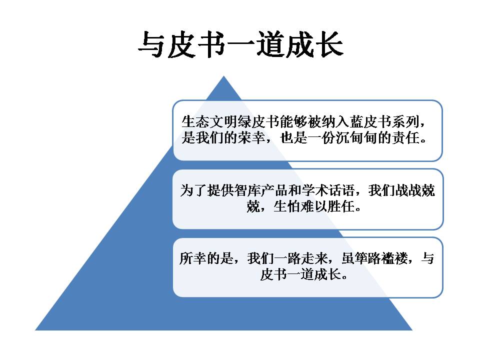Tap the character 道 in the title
click(270, 44)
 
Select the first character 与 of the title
click(152, 44)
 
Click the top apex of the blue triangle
click(224, 76)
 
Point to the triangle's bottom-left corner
click(35, 330)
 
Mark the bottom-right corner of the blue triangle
click(412, 330)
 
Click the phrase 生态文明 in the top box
click(209, 121)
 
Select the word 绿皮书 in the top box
click(258, 121)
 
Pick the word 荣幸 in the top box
click(251, 138)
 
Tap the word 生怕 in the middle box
click(287, 206)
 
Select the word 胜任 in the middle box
click(340, 206)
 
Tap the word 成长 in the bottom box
click(327, 274)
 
